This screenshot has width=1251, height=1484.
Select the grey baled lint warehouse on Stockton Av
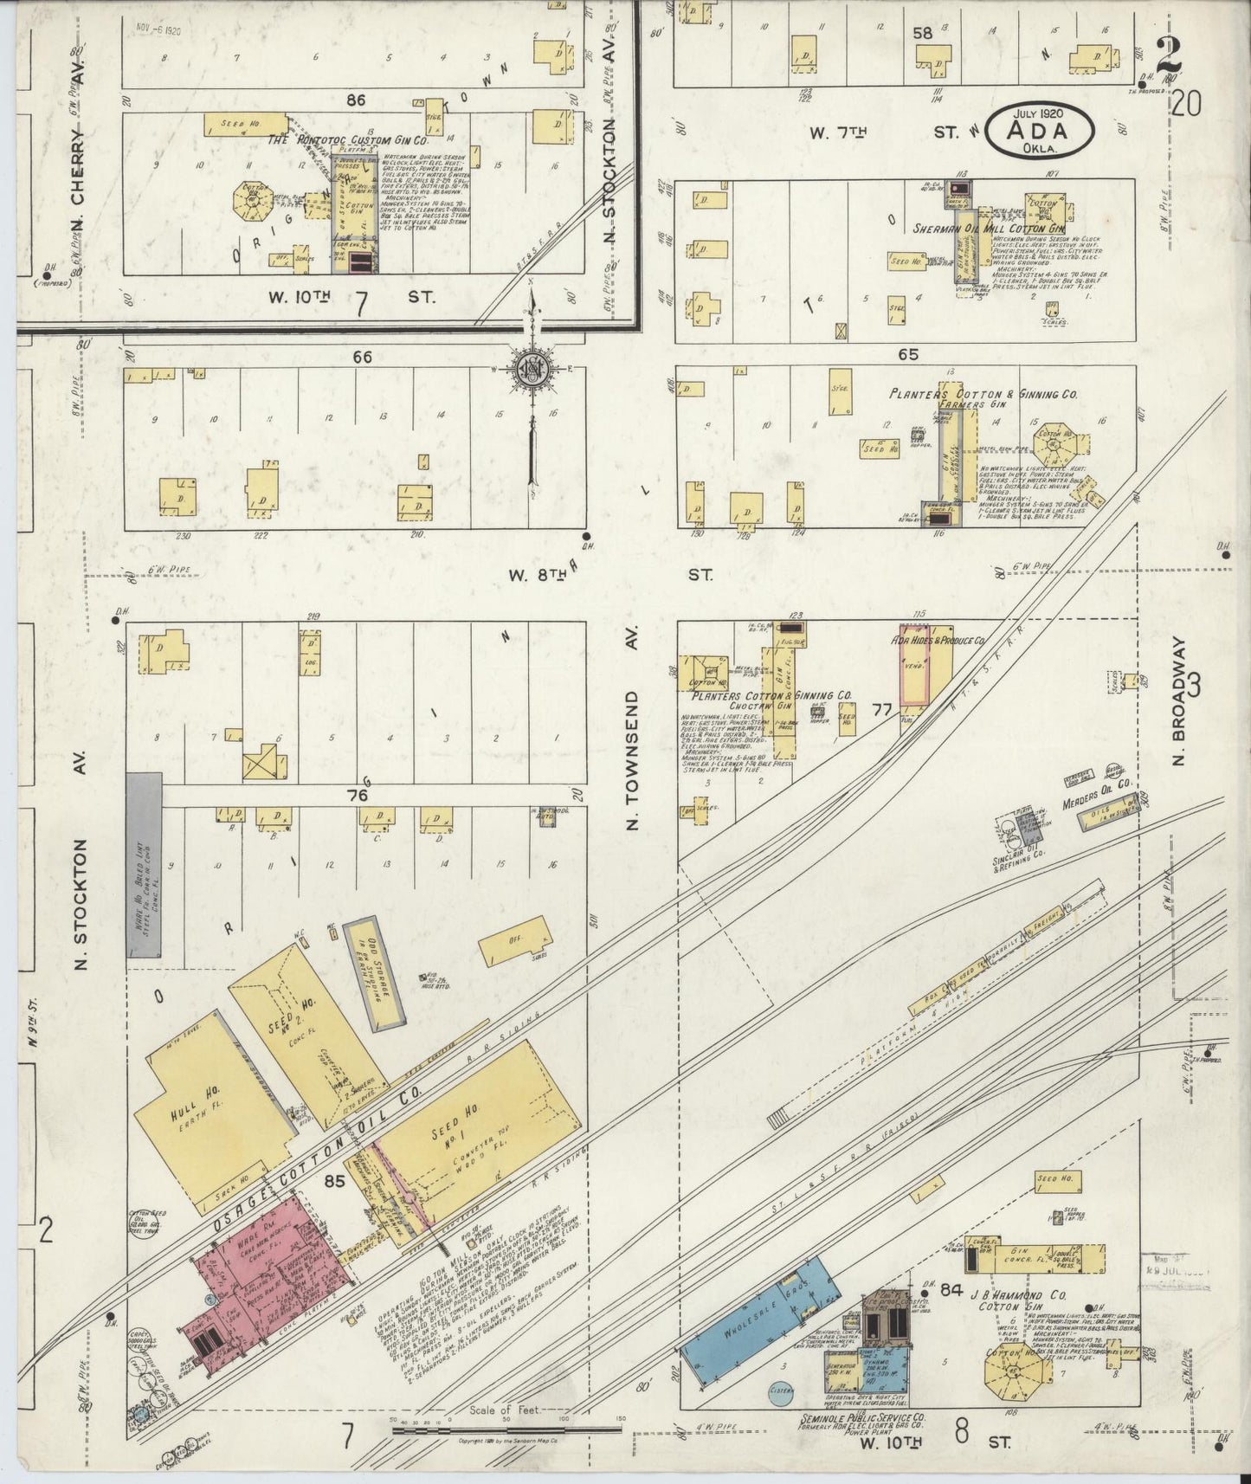[144, 865]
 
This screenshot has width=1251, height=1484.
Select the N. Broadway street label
[1178, 701]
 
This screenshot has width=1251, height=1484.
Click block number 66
[362, 357]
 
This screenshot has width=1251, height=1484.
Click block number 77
[882, 710]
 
